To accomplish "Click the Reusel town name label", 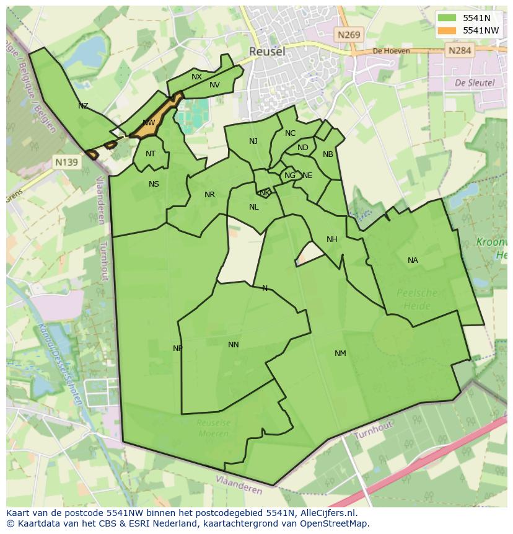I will coord(267,51).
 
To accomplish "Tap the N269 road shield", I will coord(349,35).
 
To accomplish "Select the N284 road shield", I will coord(460,50).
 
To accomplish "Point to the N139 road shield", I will coord(66,162).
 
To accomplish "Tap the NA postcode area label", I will coord(413,260).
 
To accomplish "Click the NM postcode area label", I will coord(340,354).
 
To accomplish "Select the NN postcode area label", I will coord(234,345).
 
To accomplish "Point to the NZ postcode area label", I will coord(83,106).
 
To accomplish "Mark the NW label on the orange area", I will coord(149,123).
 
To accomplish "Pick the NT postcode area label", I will coord(151,154).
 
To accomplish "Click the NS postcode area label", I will coord(154,184).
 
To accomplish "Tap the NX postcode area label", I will coord(196,77).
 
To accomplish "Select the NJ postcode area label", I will coord(253,141).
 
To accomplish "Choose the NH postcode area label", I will coord(332,239).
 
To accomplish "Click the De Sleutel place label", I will coord(474,82).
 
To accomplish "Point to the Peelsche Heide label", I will coord(416,299).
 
